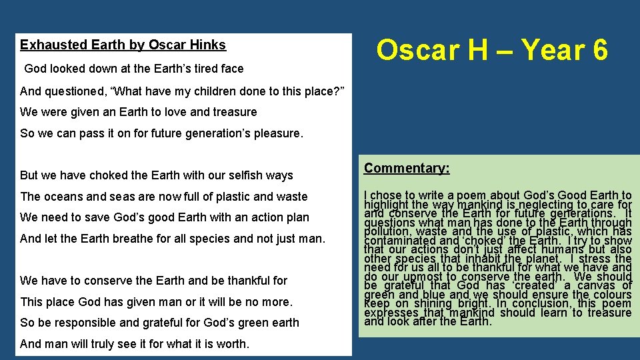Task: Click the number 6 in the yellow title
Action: pyautogui.click(x=598, y=51)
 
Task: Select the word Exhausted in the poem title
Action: pyautogui.click(x=47, y=45)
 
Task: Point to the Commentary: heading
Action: pyautogui.click(x=407, y=168)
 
